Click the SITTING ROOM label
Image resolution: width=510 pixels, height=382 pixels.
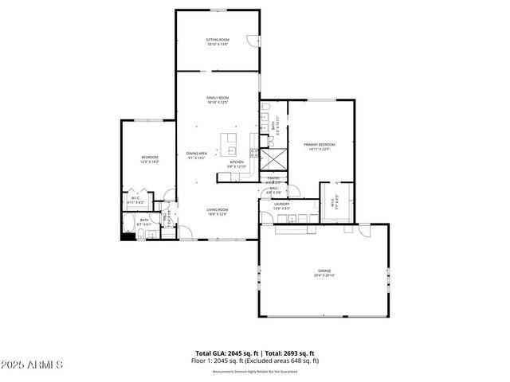coord(218,39)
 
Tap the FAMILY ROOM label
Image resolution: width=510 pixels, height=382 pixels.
coord(218,98)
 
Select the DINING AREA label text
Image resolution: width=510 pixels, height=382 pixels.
coord(197,153)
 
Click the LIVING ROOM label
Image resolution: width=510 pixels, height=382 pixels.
coord(218,209)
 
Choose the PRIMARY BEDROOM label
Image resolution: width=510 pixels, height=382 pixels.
coord(319,144)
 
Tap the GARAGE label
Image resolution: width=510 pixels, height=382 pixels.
coord(324,271)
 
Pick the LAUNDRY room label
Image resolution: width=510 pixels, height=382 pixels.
coord(281,204)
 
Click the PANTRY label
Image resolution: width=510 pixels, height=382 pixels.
coord(273,177)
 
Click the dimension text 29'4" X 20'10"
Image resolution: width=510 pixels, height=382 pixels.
coord(324,275)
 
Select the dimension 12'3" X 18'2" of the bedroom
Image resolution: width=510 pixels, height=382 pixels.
coord(150,162)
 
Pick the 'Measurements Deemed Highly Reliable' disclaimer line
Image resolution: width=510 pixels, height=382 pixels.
coord(255,371)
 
